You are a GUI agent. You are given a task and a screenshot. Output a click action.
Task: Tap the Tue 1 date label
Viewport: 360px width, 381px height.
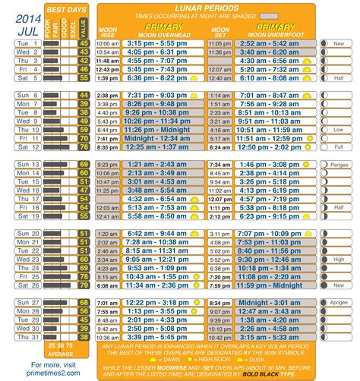click(23, 44)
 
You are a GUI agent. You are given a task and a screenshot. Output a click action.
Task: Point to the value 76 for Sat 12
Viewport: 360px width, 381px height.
click(83, 147)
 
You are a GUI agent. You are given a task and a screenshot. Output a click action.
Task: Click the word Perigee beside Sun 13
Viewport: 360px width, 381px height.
click(339, 164)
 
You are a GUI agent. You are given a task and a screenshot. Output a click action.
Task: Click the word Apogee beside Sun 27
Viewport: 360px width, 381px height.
click(339, 303)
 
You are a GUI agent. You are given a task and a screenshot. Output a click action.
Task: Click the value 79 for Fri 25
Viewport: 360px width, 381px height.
click(83, 277)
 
